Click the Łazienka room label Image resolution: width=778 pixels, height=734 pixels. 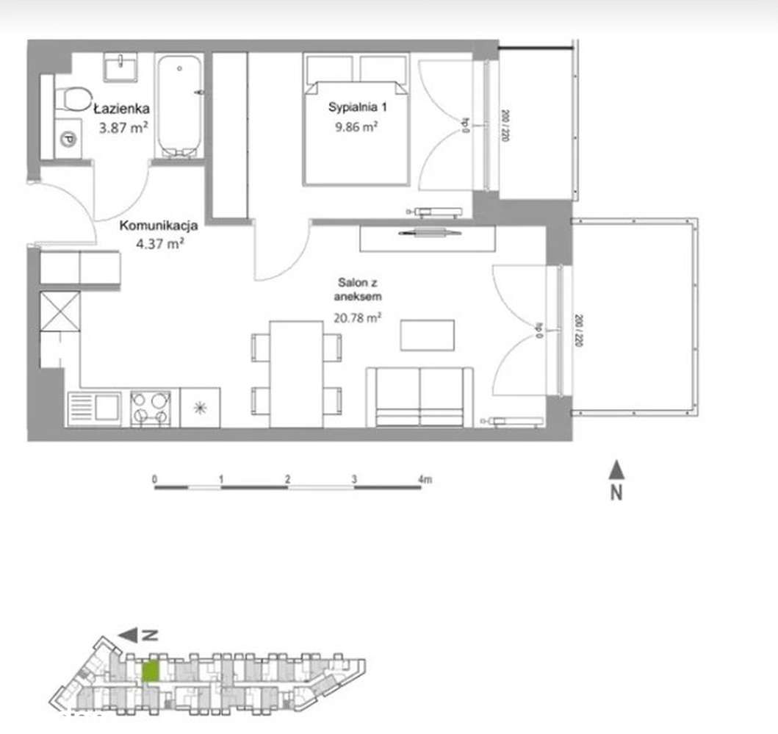pos(122,109)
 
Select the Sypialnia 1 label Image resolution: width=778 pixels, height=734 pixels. pos(357,107)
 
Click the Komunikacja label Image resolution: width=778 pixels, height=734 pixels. pos(159,226)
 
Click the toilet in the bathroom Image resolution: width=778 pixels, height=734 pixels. pos(72,98)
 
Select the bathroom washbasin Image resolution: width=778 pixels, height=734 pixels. pos(118,67)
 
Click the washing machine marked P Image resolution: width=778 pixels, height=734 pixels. pos(68,137)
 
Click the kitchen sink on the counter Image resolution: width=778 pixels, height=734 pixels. pos(94,408)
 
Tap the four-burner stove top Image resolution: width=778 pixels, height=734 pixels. pos(150,408)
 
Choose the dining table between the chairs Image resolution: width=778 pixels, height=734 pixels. pos(296,373)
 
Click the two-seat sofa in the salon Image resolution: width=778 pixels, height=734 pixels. pos(419,397)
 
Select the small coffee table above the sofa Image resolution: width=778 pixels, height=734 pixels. pos(427,335)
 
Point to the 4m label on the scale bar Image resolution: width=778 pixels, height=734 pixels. pos(425,479)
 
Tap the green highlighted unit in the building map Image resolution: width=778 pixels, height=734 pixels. pos(150,672)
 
